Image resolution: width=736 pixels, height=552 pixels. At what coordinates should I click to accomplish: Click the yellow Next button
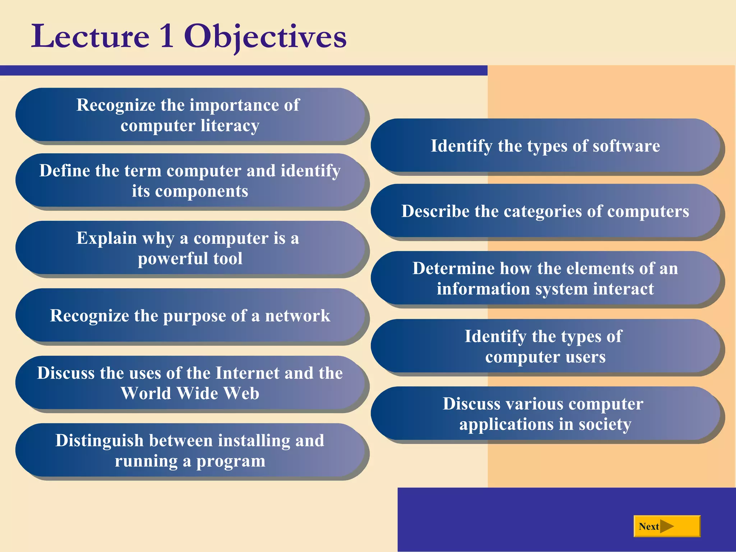[x=667, y=526]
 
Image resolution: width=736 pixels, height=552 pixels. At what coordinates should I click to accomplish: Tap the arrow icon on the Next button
[x=667, y=526]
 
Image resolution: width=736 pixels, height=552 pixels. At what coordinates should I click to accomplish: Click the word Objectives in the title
[x=265, y=37]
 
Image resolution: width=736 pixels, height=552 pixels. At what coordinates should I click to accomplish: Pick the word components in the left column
[x=202, y=191]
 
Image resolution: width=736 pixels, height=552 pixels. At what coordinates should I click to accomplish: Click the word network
[x=298, y=316]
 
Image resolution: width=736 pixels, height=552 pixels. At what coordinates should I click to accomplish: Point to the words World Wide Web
[x=190, y=393]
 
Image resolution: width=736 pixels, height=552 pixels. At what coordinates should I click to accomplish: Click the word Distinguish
[x=100, y=441]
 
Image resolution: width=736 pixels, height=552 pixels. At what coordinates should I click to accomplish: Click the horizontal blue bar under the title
[x=244, y=70]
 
